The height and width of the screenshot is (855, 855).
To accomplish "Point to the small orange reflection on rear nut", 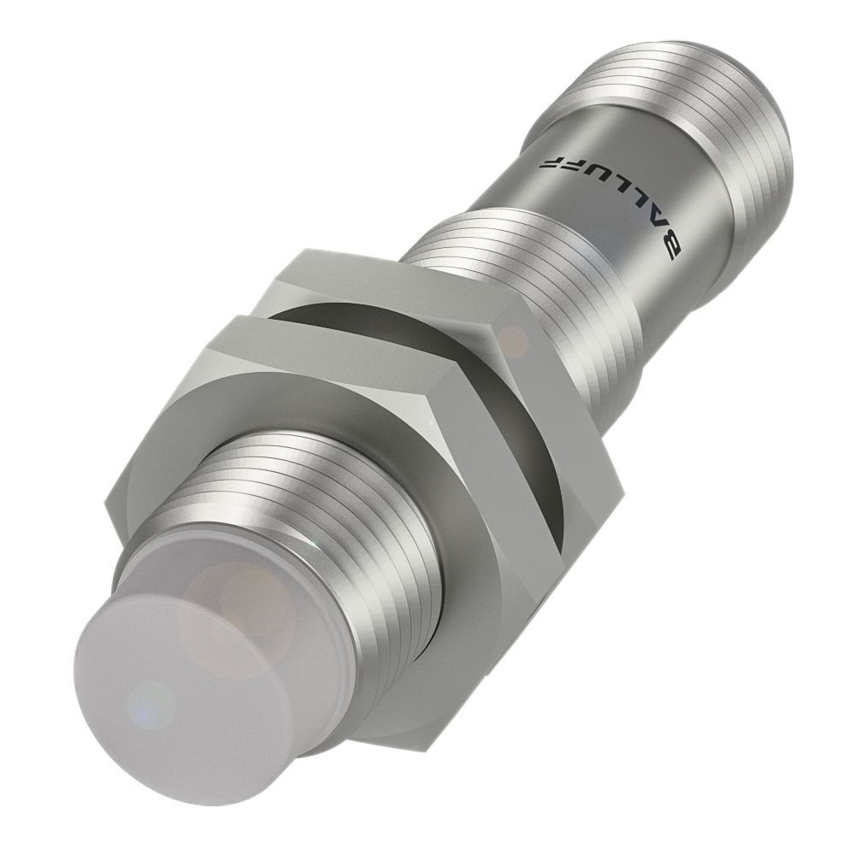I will point(514,340).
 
